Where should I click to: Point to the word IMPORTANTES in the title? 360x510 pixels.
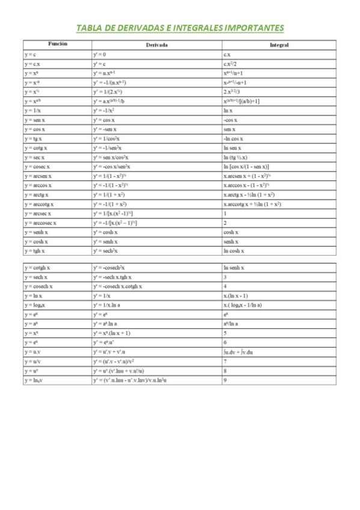pos(252,28)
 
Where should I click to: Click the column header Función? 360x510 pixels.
pos(58,44)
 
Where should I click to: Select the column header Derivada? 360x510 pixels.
pos(157,45)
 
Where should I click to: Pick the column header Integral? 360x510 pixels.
pos(279,45)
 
